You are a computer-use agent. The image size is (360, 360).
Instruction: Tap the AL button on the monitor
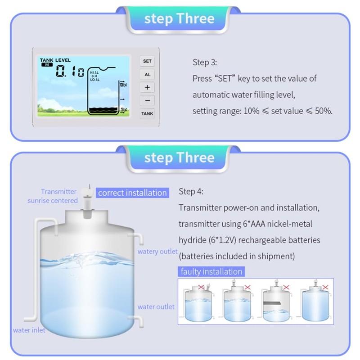coord(147,74)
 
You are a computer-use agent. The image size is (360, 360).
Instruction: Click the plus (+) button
coord(147,87)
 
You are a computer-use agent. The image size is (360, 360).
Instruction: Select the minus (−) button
coord(147,100)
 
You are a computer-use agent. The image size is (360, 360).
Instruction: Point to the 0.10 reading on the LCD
coord(70,72)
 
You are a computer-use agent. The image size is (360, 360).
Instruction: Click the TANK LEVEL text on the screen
coord(55,60)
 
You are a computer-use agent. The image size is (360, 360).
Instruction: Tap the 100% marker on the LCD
coord(123,84)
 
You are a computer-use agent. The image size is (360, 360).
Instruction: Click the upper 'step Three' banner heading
coord(179,19)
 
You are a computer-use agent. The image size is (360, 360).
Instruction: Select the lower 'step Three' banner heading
coord(179,158)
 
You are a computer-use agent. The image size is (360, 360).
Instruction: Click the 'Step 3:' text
coord(205,62)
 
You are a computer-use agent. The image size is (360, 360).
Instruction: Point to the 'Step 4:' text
coord(191,192)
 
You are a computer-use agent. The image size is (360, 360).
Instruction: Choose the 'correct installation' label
coord(132,193)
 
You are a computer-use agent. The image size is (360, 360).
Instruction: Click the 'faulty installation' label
coord(211,271)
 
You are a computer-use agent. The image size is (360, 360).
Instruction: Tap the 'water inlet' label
coord(29,330)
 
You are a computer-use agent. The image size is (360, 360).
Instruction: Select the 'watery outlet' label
coord(157,252)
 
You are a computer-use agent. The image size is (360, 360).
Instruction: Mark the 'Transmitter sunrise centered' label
coord(53,196)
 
